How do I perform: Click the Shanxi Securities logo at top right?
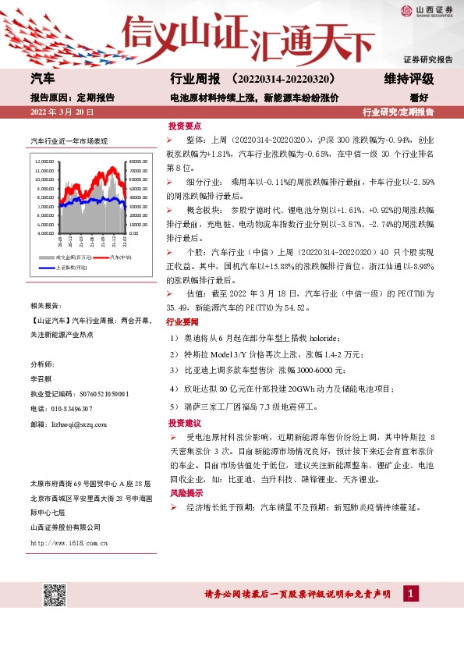[428, 11]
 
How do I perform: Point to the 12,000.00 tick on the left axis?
[44, 162]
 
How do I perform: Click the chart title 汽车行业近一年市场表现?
[69, 141]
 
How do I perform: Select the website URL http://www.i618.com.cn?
[69, 542]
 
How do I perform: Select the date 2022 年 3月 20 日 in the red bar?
[62, 112]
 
